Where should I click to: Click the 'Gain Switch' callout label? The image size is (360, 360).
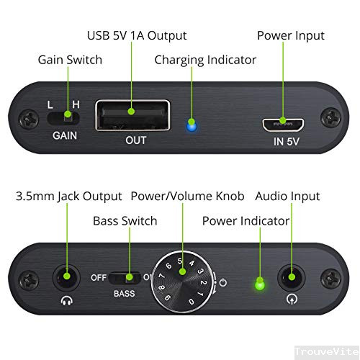tap(70, 59)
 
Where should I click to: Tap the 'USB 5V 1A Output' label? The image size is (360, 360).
tap(137, 35)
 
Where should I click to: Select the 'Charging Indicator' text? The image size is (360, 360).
tap(205, 59)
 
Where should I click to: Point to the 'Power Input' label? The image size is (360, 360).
tap(291, 35)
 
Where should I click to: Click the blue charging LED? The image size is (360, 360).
tap(191, 127)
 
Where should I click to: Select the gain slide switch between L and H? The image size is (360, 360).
tap(70, 114)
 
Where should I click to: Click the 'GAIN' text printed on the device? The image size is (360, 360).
tap(66, 135)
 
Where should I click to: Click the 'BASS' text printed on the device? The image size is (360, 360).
tap(123, 294)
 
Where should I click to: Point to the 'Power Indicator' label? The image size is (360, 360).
tap(246, 220)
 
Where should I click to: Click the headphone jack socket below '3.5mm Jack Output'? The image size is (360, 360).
tap(66, 276)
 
